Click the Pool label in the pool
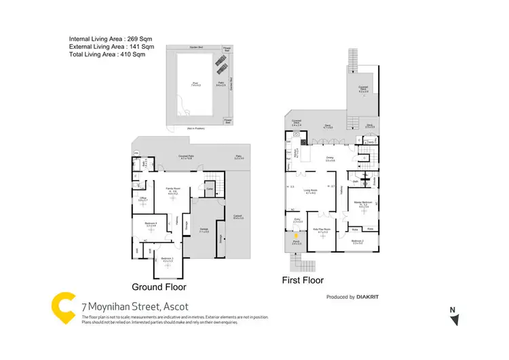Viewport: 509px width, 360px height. pos(195,84)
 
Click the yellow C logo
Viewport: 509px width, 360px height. pos(62,306)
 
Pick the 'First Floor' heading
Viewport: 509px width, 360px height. pos(303,280)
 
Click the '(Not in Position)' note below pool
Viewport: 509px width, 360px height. pos(197,129)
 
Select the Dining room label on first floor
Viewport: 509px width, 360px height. pos(330,158)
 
